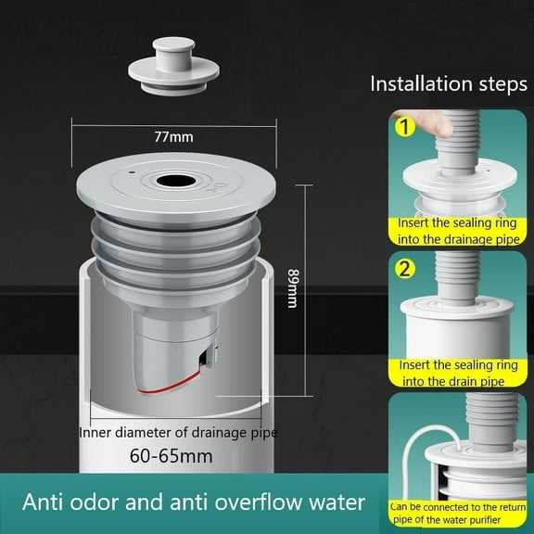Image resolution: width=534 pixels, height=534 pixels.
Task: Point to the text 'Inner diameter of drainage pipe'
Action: click(x=178, y=431)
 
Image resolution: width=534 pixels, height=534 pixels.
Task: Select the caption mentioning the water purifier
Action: click(x=460, y=512)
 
